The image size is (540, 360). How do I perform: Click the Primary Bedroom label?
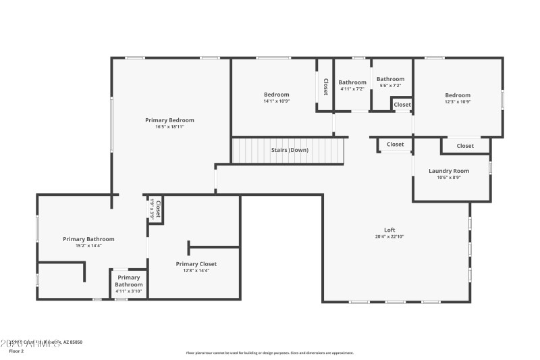169,120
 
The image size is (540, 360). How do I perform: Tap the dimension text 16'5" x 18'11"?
169,126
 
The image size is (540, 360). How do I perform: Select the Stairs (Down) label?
290,150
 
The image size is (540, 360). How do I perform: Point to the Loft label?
389,230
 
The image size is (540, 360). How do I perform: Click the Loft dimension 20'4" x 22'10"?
389,236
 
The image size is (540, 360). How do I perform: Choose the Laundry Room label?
449,171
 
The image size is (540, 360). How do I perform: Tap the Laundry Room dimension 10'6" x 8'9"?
449,178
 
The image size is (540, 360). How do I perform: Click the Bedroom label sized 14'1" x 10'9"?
276,95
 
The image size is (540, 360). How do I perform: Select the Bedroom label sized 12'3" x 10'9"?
458,95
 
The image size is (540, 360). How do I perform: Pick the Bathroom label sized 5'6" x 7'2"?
390,79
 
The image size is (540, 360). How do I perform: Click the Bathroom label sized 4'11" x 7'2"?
352,82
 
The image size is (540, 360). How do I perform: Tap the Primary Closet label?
196,264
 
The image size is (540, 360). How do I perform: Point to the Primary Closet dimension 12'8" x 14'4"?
196,271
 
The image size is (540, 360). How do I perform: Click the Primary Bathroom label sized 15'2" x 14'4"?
88,239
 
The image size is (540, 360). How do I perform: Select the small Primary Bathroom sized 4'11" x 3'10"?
129,281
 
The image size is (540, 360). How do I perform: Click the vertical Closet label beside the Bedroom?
325,86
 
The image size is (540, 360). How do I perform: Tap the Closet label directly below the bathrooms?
402,105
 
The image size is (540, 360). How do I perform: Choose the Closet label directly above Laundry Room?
465,146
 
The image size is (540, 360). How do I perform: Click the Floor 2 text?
16,351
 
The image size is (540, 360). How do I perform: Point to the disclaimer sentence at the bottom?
269,353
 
